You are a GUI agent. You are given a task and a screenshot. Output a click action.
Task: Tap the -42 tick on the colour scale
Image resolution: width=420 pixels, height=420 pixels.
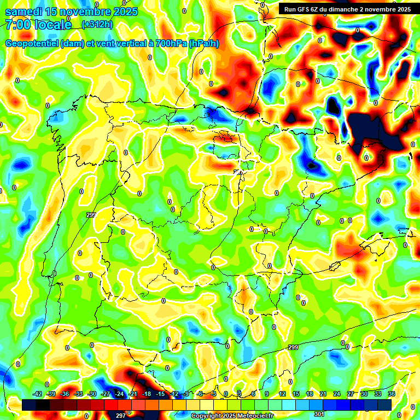click(38, 394)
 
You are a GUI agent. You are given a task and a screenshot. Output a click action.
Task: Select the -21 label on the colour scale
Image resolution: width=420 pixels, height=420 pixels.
click(133, 394)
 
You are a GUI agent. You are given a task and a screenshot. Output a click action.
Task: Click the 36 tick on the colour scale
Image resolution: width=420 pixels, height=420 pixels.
click(392, 394)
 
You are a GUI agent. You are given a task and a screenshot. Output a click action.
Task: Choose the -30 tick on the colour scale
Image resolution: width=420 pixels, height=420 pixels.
click(92, 394)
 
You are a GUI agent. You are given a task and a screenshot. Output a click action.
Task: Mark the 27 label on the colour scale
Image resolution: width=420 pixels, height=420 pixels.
click(350, 394)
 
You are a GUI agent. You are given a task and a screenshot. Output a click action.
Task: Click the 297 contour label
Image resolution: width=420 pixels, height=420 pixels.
click(121, 416)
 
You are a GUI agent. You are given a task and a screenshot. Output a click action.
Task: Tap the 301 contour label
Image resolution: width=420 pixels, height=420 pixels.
click(319, 414)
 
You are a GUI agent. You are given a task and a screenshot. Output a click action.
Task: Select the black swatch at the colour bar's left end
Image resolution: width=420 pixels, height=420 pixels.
click(30, 405)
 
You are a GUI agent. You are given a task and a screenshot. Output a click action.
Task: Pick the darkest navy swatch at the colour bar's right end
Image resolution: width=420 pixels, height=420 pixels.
click(384, 405)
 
